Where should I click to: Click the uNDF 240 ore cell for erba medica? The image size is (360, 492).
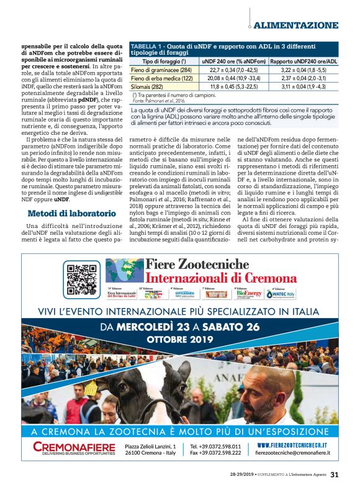(234, 79)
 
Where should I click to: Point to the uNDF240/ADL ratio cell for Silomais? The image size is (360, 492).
(304, 88)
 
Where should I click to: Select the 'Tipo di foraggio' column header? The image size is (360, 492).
(163, 61)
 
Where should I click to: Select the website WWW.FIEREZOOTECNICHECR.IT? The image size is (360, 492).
(296, 445)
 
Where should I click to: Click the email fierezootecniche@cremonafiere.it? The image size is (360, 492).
(296, 453)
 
